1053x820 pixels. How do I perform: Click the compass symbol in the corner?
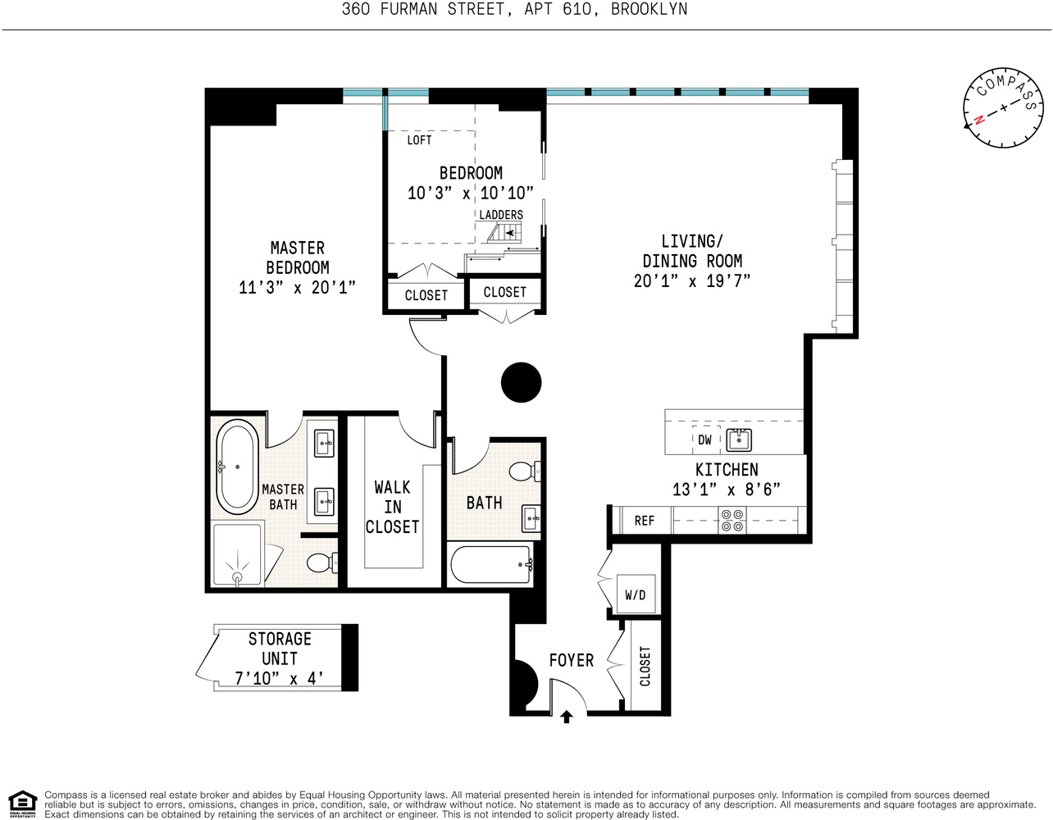1002,108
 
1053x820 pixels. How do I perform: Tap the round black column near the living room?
522,382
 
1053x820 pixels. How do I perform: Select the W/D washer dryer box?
635,594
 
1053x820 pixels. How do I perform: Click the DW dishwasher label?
704,440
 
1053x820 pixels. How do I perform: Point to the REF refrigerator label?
645,521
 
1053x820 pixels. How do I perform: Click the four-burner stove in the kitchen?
732,521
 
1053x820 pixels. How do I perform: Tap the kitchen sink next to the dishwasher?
740,440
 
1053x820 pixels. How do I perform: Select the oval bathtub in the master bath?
237,467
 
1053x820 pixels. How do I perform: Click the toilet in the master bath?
321,563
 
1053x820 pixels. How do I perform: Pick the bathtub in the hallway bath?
491,565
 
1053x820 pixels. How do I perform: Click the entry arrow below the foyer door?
566,717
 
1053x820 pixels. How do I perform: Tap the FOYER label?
571,660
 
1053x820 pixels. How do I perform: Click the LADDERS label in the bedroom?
501,215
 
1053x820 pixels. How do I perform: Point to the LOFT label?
419,140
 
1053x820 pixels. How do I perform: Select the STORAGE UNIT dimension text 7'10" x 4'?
279,679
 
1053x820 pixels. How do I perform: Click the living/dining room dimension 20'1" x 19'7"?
692,281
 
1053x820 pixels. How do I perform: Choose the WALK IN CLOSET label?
392,508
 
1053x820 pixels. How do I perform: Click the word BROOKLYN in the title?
649,10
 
